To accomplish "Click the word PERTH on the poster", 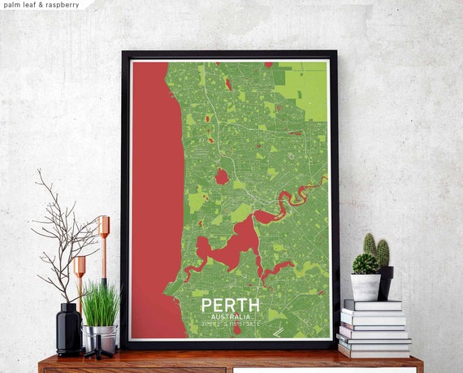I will click(x=231, y=305).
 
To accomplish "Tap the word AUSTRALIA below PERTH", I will click(x=231, y=316).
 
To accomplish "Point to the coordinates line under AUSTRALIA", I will click(x=231, y=323).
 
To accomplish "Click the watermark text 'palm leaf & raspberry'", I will click(x=41, y=5).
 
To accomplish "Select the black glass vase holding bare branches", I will click(x=68, y=328).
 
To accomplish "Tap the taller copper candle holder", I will click(x=103, y=244).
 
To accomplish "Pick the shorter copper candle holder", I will click(x=80, y=280).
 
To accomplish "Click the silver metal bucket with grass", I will click(x=99, y=336).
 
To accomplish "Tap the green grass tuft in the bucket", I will click(x=101, y=302).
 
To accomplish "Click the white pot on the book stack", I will click(x=366, y=286).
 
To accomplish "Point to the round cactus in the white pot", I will click(x=365, y=263).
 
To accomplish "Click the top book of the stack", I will click(x=372, y=305).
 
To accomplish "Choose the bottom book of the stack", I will click(x=374, y=351).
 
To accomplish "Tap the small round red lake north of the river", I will click(x=221, y=176).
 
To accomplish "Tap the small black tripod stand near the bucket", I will click(x=99, y=351).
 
